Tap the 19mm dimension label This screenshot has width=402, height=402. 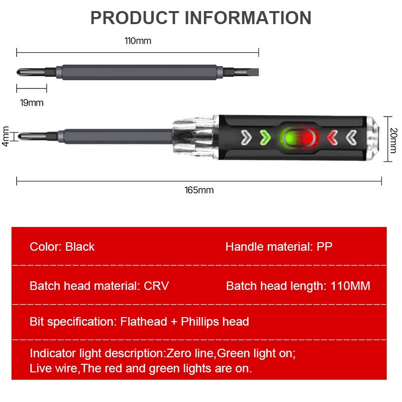32,103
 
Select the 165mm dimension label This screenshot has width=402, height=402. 199,190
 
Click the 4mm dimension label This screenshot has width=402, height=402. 6,136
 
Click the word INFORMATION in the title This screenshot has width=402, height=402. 248,18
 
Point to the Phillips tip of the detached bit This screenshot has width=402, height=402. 22,72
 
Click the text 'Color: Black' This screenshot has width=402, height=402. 62,247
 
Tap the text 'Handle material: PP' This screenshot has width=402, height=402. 279,247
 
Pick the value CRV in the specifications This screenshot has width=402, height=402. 156,286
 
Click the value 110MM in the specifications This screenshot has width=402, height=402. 350,286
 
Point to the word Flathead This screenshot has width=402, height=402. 144,322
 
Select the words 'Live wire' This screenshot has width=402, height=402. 54,368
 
